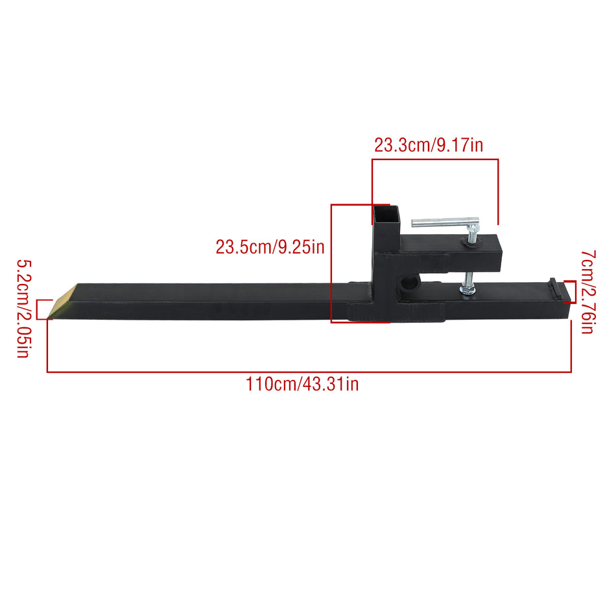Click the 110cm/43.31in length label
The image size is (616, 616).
(x=302, y=384)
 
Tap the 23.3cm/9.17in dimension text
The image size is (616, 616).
(x=428, y=145)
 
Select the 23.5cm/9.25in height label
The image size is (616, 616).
(x=270, y=247)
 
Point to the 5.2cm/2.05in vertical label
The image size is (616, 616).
(x=23, y=309)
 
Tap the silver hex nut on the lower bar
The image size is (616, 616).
(x=467, y=291)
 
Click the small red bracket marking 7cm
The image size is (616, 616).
(x=571, y=291)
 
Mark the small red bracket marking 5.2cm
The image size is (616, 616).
(x=42, y=309)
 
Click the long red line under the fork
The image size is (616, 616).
(x=309, y=372)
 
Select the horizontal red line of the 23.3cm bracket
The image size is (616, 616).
(x=434, y=159)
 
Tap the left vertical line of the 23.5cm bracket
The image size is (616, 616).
(x=331, y=263)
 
